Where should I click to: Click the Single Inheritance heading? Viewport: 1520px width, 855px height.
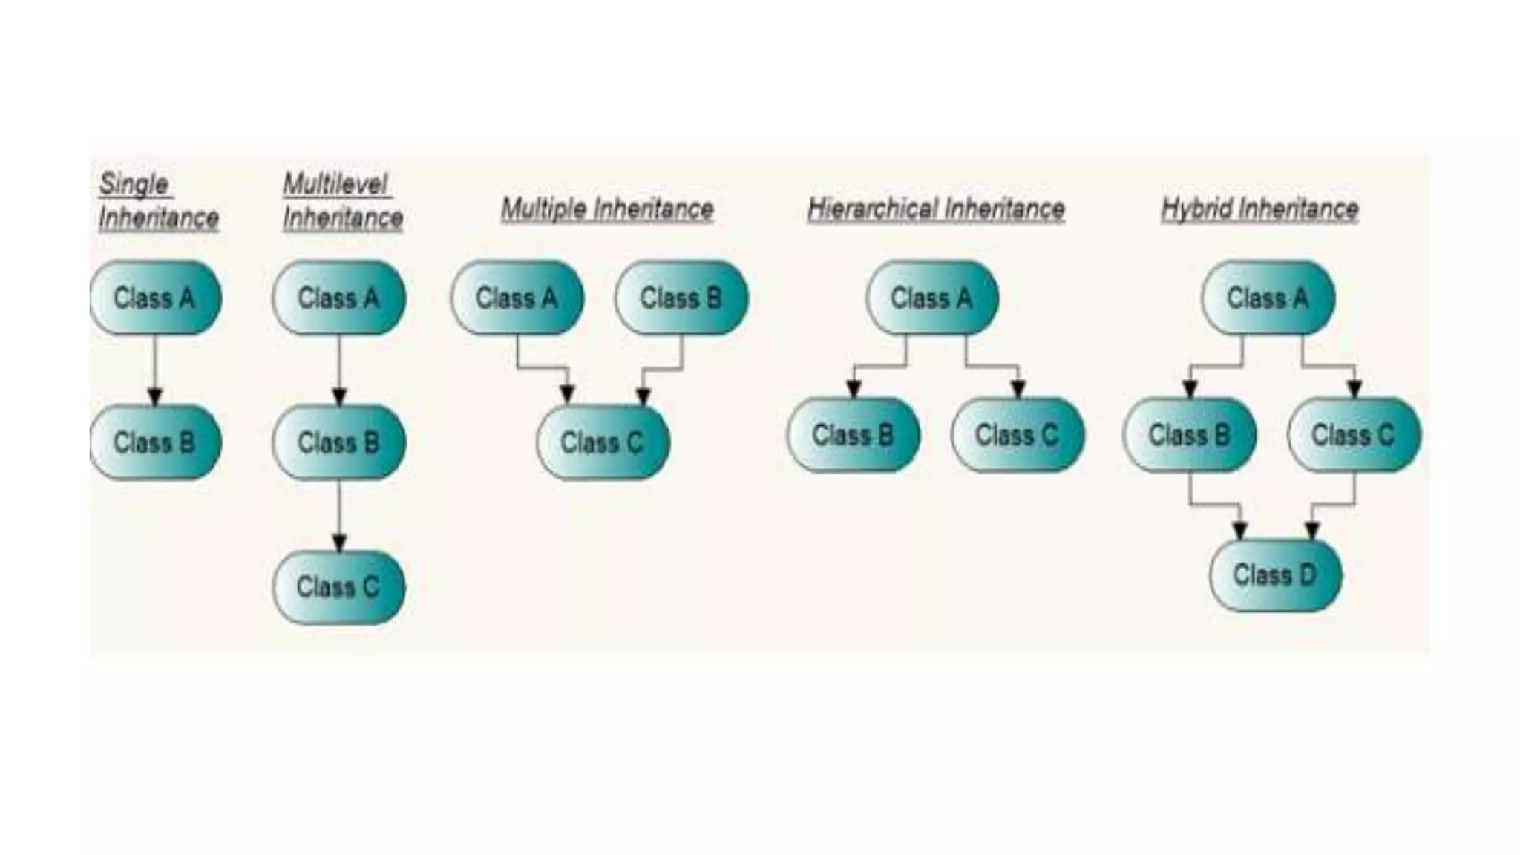tap(158, 201)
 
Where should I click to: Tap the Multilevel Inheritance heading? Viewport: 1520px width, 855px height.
tap(342, 201)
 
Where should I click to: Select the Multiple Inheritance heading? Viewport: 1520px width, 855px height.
tap(607, 209)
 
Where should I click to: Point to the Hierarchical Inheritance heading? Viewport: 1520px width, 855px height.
tap(936, 209)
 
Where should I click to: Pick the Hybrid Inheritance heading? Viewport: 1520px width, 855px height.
tap(1259, 209)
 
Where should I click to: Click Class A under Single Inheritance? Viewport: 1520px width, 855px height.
tap(155, 298)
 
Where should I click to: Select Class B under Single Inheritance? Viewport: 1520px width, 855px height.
tap(155, 442)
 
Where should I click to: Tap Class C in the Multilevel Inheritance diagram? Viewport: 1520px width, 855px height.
tap(339, 587)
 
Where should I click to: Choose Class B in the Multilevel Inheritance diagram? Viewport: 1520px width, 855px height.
tap(339, 442)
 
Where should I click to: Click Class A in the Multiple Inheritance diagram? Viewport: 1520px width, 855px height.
tap(517, 298)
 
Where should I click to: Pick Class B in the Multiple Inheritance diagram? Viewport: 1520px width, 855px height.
tap(681, 298)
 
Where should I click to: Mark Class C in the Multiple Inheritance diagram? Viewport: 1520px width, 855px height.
tap(603, 442)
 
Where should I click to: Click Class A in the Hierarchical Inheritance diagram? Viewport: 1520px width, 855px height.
tap(932, 298)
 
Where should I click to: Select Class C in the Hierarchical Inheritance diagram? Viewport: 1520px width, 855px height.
tap(1018, 435)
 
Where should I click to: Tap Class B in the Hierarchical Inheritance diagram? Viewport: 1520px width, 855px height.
tap(854, 435)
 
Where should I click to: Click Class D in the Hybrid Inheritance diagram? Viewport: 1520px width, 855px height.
tap(1275, 574)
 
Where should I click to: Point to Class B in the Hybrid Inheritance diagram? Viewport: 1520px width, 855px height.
tap(1190, 435)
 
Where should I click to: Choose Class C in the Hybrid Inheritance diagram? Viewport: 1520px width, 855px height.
tap(1354, 435)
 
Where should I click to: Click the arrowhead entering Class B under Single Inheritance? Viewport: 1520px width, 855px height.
tap(155, 396)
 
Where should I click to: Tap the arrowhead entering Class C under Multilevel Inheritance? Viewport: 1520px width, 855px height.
tap(339, 543)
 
